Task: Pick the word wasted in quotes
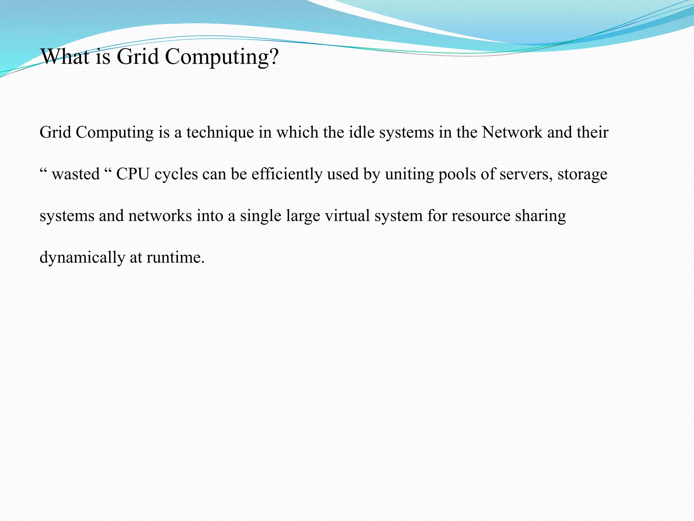coord(76,174)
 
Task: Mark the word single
coord(261,216)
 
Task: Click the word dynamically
coord(82,258)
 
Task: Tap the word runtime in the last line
coord(175,258)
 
